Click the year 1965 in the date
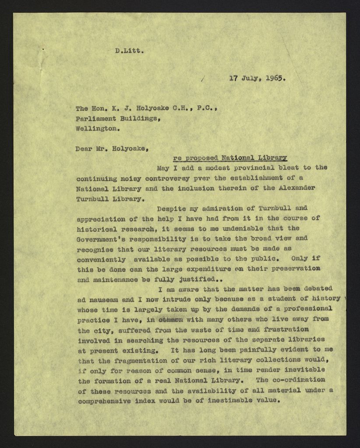pyautogui.click(x=276, y=79)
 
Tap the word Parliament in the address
pyautogui.click(x=95, y=119)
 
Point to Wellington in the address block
pyautogui.click(x=97, y=129)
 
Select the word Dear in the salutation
pyautogui.click(x=84, y=149)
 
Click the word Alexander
pyautogui.click(x=295, y=188)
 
